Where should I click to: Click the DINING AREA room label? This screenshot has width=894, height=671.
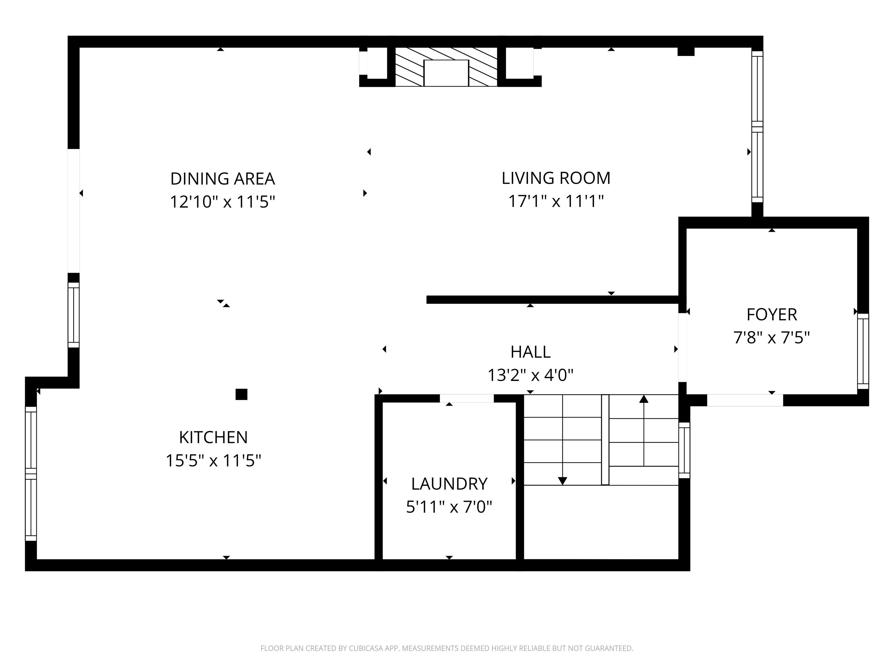(x=222, y=179)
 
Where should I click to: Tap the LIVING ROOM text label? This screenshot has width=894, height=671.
(x=556, y=178)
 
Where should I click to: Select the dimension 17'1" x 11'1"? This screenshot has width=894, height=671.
(x=556, y=201)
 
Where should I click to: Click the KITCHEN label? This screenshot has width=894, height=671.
(x=213, y=437)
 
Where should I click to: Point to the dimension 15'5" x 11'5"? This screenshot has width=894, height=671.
(x=213, y=460)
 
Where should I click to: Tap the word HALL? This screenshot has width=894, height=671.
(x=530, y=352)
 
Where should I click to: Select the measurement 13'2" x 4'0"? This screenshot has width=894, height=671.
(x=530, y=375)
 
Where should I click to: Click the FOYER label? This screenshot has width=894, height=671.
(x=771, y=314)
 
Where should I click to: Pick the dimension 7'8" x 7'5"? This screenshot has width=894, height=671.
(x=771, y=337)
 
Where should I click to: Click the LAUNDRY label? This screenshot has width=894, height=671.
(x=449, y=484)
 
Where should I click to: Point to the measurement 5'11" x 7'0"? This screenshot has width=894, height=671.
(x=449, y=507)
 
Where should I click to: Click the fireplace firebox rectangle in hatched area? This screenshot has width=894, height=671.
(x=446, y=73)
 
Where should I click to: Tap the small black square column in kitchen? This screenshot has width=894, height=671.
(x=241, y=394)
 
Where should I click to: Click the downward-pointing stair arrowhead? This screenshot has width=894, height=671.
(x=562, y=481)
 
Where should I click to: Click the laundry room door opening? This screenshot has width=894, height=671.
(x=466, y=398)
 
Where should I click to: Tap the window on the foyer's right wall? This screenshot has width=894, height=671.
(x=863, y=351)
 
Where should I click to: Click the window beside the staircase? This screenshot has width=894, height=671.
(x=684, y=450)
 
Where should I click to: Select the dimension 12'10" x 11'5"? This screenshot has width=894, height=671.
(x=222, y=202)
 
